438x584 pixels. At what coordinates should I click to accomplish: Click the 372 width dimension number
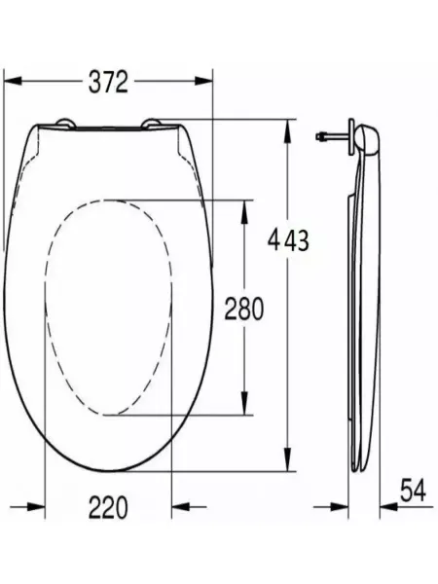pyautogui.click(x=108, y=83)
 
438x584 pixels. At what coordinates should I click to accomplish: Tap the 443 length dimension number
pyautogui.click(x=289, y=240)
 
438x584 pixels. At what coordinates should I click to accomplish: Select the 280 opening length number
pyautogui.click(x=244, y=309)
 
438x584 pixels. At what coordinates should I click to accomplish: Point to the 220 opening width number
pyautogui.click(x=108, y=507)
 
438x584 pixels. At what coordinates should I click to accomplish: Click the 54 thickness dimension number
pyautogui.click(x=413, y=491)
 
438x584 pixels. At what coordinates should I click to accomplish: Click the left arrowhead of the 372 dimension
pyautogui.click(x=13, y=81)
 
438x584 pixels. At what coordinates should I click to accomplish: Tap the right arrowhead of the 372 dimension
pyautogui.click(x=203, y=81)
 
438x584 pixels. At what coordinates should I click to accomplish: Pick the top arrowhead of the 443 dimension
pyautogui.click(x=287, y=130)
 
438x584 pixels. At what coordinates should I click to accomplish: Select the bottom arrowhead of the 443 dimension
pyautogui.click(x=287, y=459)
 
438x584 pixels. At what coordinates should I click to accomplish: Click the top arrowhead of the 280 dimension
pyautogui.click(x=244, y=212)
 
